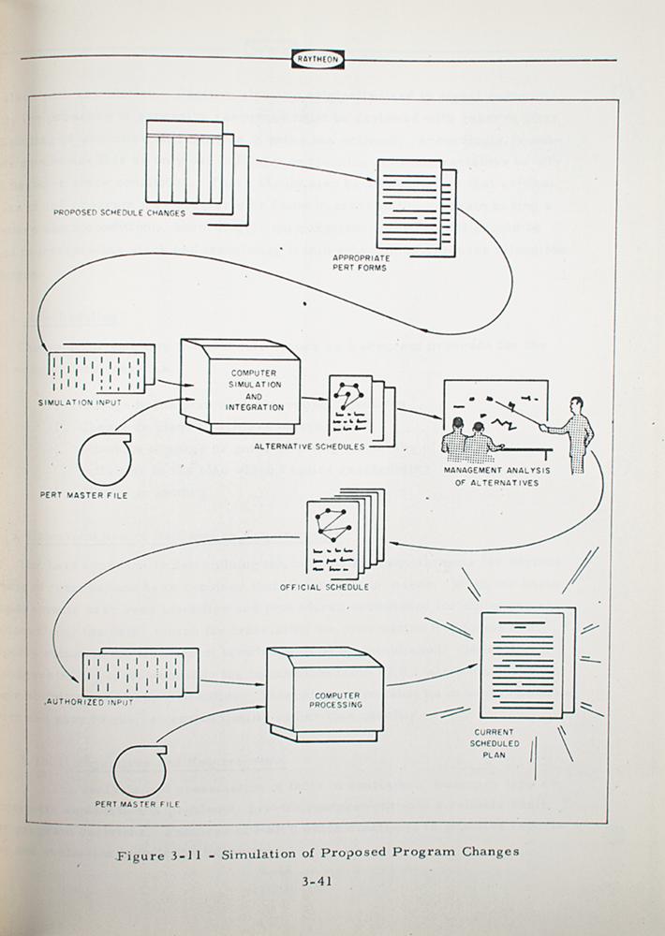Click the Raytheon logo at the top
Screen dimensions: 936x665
click(x=318, y=60)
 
